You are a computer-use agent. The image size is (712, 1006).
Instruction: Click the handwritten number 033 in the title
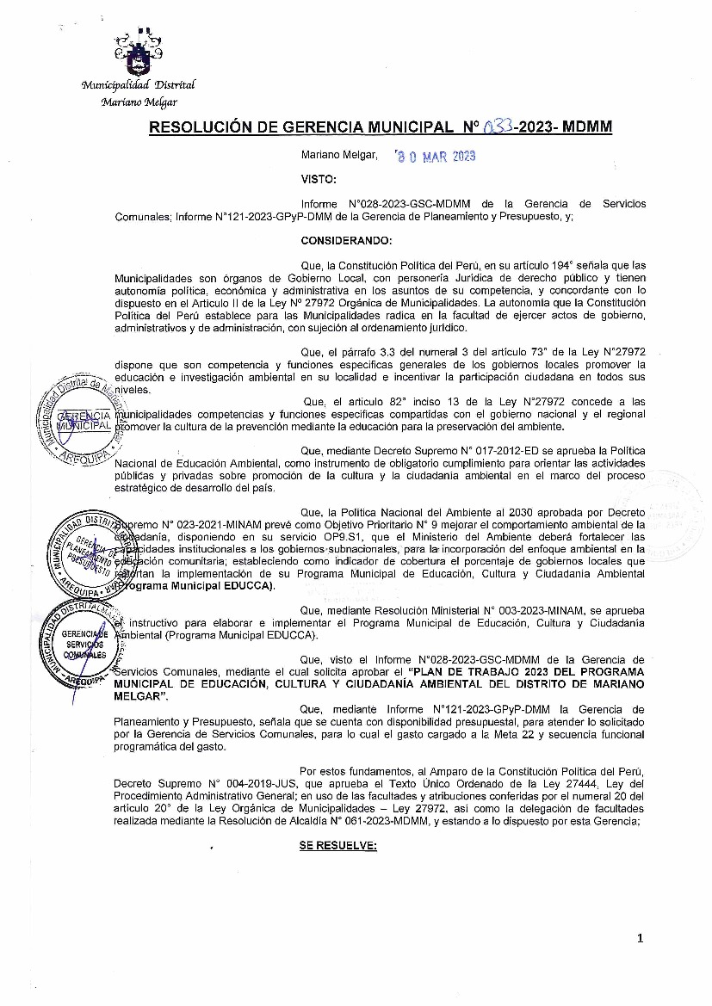pos(496,127)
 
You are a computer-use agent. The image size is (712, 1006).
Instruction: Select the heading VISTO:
pos(318,179)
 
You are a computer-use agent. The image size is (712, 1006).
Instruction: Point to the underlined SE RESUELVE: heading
pos(338,845)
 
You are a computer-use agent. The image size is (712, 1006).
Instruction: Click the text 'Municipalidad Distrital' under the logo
pos(138,85)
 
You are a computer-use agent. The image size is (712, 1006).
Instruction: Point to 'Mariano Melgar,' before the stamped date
pos(339,155)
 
